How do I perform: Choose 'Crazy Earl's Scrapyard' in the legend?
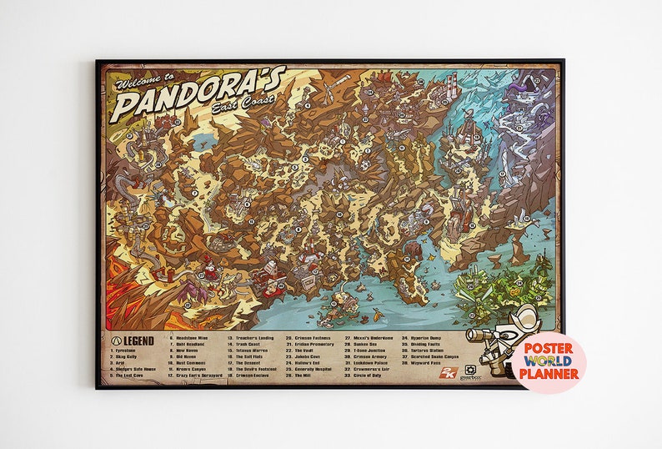[x=199, y=376]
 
